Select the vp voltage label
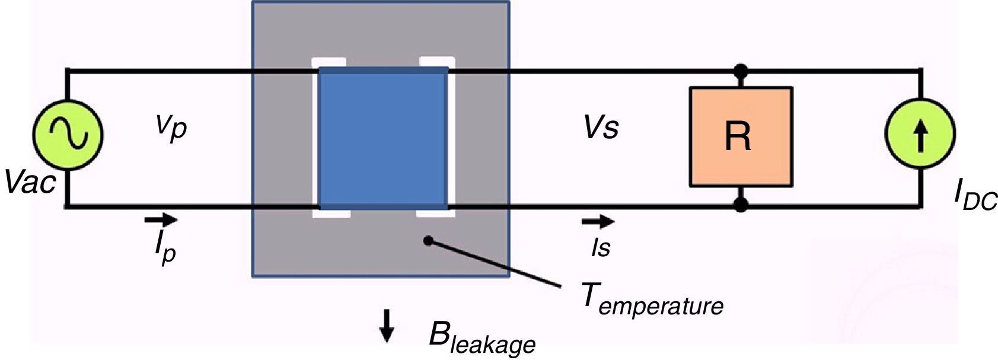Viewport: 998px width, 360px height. (171, 127)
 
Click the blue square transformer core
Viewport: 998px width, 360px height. (383, 138)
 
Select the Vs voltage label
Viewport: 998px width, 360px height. (601, 128)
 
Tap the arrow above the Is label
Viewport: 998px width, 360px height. (598, 222)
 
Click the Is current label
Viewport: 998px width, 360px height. (600, 247)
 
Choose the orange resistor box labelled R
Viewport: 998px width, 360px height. (741, 137)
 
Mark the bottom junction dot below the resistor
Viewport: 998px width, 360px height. (740, 205)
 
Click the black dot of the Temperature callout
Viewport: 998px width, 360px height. (428, 240)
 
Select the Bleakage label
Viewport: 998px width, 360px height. (482, 339)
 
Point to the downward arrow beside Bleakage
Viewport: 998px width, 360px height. (387, 326)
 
